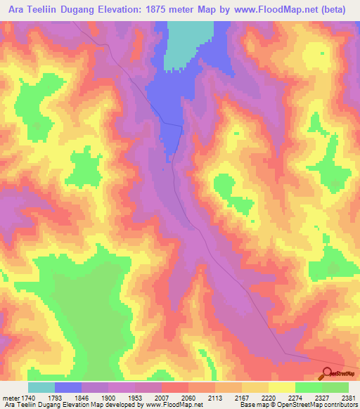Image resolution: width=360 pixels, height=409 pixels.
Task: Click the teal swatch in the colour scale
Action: pos(41,387)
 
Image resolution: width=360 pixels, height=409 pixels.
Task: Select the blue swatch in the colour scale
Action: pos(68,387)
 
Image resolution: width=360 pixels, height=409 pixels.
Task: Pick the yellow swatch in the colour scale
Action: pos(282,387)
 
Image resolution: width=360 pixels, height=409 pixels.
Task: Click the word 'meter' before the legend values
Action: pos(9,396)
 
